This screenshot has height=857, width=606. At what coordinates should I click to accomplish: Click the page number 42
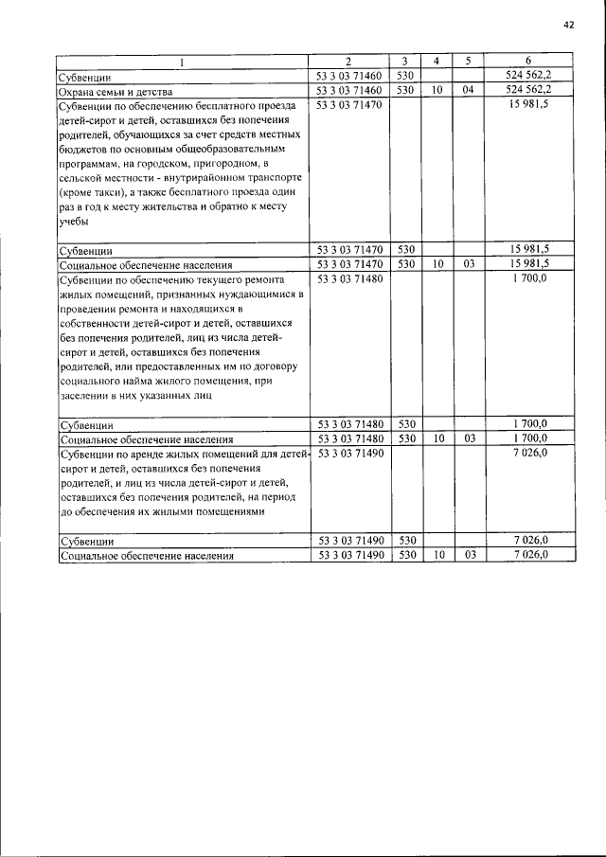(x=569, y=26)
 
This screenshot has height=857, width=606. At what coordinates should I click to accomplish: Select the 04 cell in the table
(x=467, y=90)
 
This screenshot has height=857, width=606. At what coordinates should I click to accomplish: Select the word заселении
(x=87, y=396)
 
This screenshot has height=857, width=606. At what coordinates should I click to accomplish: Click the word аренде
(x=143, y=455)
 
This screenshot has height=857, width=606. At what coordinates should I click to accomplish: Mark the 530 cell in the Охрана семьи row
(x=404, y=90)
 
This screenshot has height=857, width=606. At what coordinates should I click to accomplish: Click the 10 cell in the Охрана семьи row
(x=436, y=90)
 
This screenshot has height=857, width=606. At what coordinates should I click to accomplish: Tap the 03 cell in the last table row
(x=467, y=555)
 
